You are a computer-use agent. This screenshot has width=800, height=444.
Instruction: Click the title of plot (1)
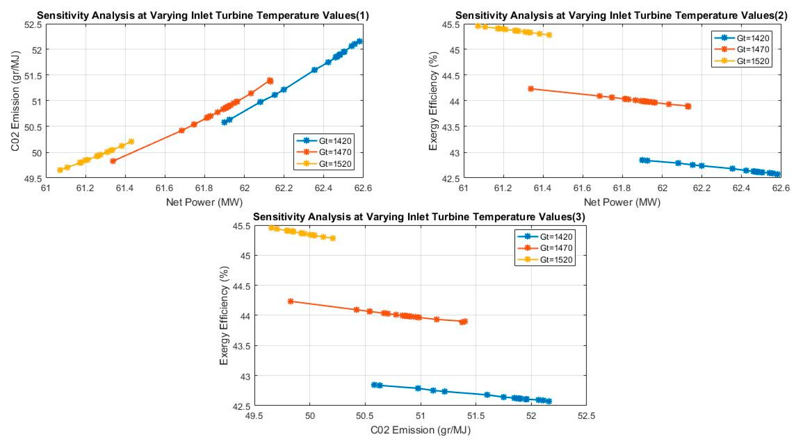(x=203, y=16)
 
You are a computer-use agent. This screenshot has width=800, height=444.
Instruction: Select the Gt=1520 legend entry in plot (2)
(x=753, y=61)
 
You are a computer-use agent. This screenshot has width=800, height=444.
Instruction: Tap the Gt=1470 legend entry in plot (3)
(x=556, y=248)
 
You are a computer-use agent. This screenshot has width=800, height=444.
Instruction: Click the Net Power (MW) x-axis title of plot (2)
(x=622, y=202)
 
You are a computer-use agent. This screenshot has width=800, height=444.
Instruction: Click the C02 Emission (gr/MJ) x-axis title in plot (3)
(x=420, y=430)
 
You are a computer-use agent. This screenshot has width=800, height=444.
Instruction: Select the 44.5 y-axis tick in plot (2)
(x=450, y=75)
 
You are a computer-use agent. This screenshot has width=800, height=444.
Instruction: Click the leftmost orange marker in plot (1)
(x=113, y=161)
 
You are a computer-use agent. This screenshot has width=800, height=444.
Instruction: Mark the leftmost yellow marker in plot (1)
(x=60, y=170)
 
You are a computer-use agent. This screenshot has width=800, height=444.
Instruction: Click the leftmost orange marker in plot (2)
(x=531, y=89)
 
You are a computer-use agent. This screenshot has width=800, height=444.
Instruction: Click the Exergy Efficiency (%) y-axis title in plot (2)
(x=433, y=101)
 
